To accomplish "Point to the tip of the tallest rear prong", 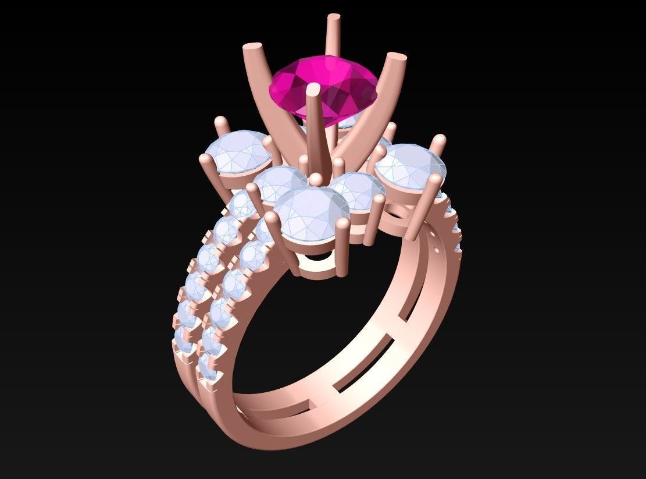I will [x=334, y=19].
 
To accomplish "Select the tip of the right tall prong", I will [x=397, y=58].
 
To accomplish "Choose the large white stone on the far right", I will [x=412, y=165].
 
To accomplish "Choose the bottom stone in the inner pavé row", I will [x=209, y=364].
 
